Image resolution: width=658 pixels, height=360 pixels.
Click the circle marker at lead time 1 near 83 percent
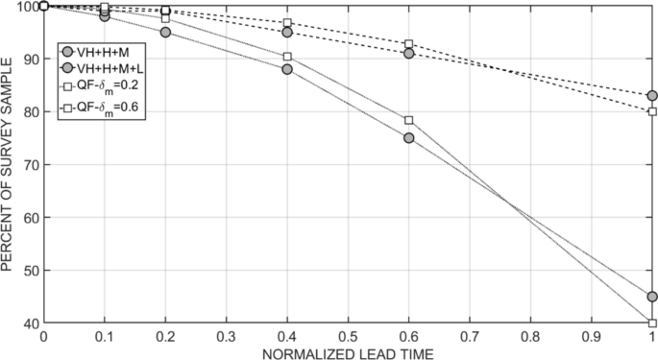(652, 96)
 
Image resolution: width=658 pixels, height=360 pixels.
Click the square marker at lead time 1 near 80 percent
(652, 111)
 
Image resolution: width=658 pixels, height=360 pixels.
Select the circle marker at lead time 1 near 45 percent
(652, 297)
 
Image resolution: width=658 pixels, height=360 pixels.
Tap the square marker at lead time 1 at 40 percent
(652, 323)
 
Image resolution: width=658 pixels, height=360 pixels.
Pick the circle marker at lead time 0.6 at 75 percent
(409, 138)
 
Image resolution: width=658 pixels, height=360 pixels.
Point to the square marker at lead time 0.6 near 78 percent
(409, 120)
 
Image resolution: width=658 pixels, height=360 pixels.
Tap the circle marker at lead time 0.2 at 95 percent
(165, 33)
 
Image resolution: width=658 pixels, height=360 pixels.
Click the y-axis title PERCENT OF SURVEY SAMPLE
(9, 165)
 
